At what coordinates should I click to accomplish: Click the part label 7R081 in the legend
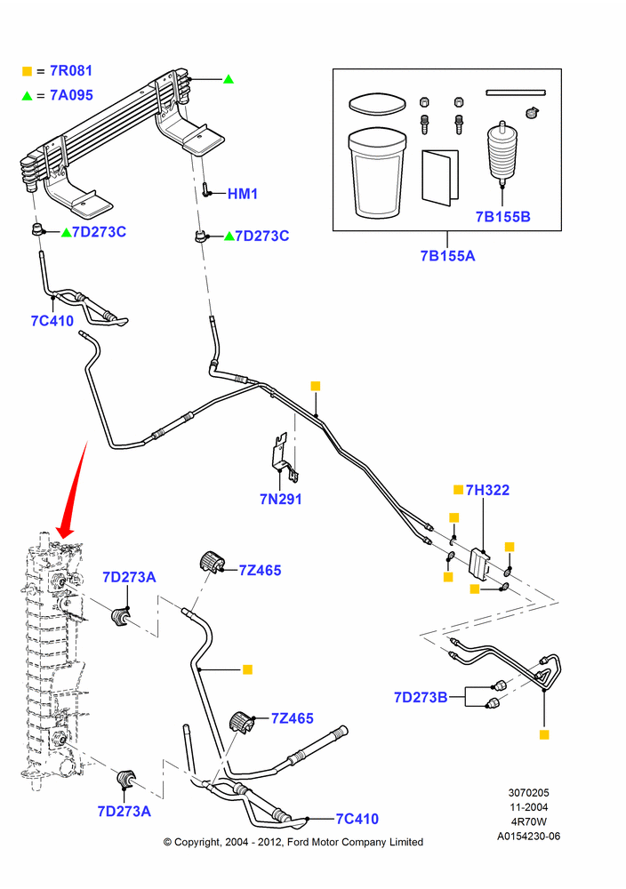coord(71,71)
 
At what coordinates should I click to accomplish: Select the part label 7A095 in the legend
coord(71,95)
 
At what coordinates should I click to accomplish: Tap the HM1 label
coord(243,194)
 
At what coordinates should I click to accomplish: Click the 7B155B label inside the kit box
coord(503,217)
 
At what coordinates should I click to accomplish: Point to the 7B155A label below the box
coord(447,256)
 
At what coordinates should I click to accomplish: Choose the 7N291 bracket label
coord(281,499)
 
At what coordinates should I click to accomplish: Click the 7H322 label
coord(487,490)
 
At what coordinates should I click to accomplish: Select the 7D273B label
coord(421,697)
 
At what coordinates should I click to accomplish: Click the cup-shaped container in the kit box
coord(377,173)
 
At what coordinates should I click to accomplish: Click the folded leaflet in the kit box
coord(440,176)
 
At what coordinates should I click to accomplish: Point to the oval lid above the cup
coord(378,104)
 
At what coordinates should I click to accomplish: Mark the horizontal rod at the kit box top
coord(516,92)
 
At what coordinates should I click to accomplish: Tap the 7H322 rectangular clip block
coord(479,564)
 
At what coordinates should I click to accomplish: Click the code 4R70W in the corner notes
coord(528,821)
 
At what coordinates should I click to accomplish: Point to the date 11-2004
coord(528,807)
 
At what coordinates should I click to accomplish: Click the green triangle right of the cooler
coord(229,79)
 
